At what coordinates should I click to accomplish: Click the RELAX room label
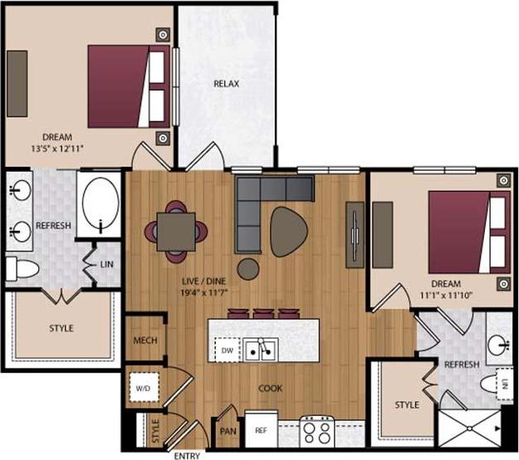227,85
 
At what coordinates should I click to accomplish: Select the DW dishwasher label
227,351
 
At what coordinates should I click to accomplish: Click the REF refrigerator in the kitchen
261,430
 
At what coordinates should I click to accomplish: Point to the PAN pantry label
227,431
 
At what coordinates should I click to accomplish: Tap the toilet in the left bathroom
22,267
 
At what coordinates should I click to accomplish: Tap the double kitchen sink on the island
260,350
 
